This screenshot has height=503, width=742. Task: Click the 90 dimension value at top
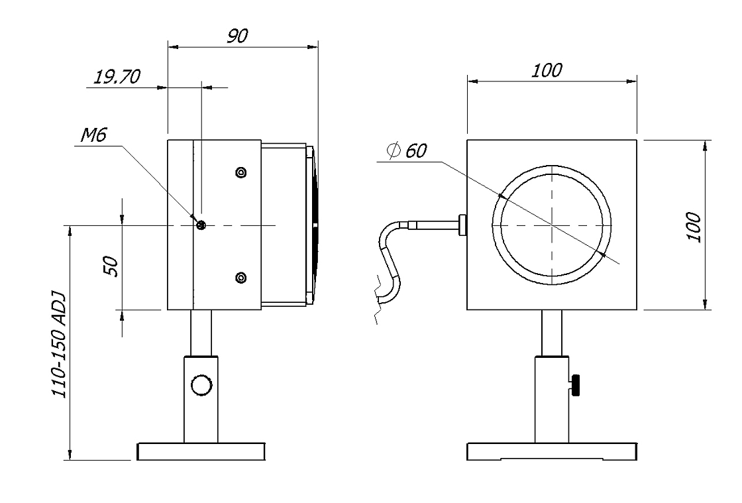237,36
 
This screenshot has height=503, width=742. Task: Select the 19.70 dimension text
117,76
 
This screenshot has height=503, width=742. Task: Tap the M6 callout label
93,135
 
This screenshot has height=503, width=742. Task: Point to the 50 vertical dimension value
110,266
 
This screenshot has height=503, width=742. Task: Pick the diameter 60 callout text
407,150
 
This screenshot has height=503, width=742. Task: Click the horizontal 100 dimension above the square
547,70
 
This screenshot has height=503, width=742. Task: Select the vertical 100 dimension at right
693,227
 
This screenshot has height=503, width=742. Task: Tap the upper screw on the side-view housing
241,172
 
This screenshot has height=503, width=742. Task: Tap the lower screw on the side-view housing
241,277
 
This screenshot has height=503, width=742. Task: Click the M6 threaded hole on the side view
201,225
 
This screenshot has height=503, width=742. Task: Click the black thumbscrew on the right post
575,384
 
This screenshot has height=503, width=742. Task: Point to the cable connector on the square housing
462,225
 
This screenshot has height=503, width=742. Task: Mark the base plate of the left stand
201,451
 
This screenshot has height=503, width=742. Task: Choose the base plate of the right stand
552,451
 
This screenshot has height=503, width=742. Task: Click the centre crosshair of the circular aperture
552,225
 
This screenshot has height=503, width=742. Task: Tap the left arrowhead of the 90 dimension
173,47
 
